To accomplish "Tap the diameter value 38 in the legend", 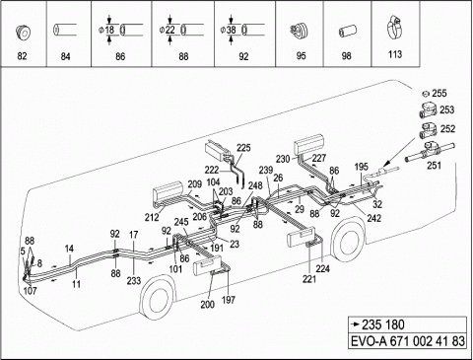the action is point(232,30).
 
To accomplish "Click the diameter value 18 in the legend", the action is point(109,30).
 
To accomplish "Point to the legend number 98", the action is point(346,56).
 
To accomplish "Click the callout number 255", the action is point(439,94).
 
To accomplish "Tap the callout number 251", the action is point(434,166).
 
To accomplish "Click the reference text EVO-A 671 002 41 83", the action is point(408,341).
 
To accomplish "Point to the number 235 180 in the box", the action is point(383,324).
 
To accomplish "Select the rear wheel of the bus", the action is point(349,242).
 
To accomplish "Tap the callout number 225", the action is point(243,148).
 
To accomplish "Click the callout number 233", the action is point(134,280).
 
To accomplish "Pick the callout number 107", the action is point(31,291).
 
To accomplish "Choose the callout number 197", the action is point(229,300).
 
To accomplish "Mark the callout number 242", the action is point(373,218).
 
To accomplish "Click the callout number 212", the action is point(152,217).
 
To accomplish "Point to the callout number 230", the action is point(283,159).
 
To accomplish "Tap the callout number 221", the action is point(309,279).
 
